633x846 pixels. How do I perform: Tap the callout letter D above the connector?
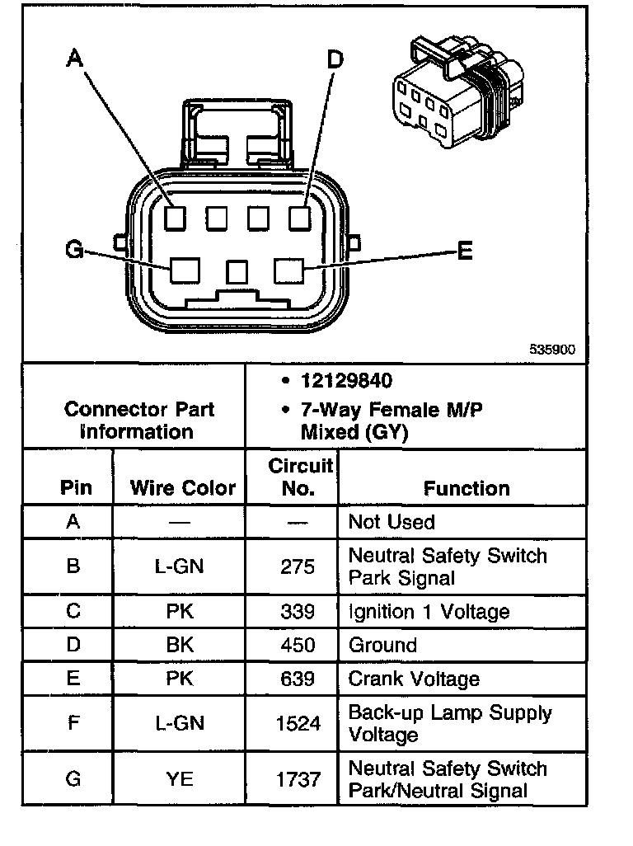pyautogui.click(x=335, y=59)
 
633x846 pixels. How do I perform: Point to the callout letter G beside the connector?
pyautogui.click(x=74, y=249)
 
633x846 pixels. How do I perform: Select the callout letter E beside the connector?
pyautogui.click(x=465, y=251)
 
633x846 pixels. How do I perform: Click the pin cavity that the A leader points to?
pyautogui.click(x=175, y=219)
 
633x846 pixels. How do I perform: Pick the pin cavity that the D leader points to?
pyautogui.click(x=298, y=219)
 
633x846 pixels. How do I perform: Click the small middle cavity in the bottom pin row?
pyautogui.click(x=238, y=270)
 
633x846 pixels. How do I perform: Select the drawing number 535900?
pyautogui.click(x=551, y=350)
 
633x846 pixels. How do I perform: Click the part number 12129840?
pyautogui.click(x=346, y=381)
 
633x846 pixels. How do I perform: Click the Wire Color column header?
pyautogui.click(x=182, y=487)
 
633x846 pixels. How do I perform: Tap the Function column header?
pyautogui.click(x=467, y=488)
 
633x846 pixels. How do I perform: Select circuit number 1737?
pyautogui.click(x=298, y=779)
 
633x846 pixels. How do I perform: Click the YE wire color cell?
pyautogui.click(x=180, y=779)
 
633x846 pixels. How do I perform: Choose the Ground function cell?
pyautogui.click(x=382, y=645)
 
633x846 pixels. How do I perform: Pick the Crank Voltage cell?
pyautogui.click(x=414, y=679)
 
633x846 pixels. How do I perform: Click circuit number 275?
pyautogui.click(x=298, y=566)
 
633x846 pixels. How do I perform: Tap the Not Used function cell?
pyautogui.click(x=392, y=522)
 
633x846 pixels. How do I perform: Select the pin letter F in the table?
pyautogui.click(x=73, y=723)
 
